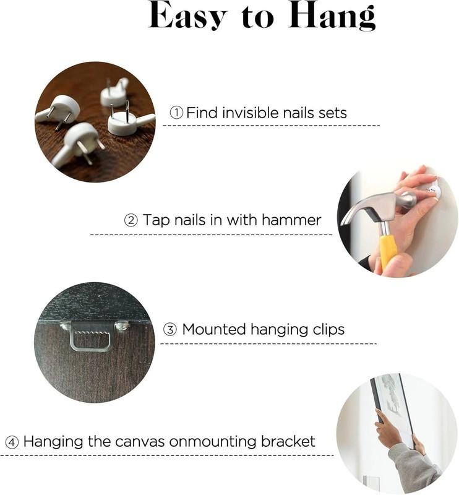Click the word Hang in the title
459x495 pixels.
(x=332, y=15)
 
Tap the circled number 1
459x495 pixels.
(x=176, y=113)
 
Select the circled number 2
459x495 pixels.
(x=131, y=220)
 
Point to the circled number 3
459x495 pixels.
(x=170, y=330)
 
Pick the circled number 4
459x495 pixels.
(x=12, y=442)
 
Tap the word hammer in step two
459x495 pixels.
(x=291, y=220)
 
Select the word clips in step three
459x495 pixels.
(x=328, y=330)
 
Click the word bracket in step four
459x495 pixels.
(x=288, y=441)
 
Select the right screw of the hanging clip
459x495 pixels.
(x=122, y=325)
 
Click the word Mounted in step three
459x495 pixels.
(x=215, y=329)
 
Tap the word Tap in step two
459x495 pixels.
(x=157, y=221)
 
